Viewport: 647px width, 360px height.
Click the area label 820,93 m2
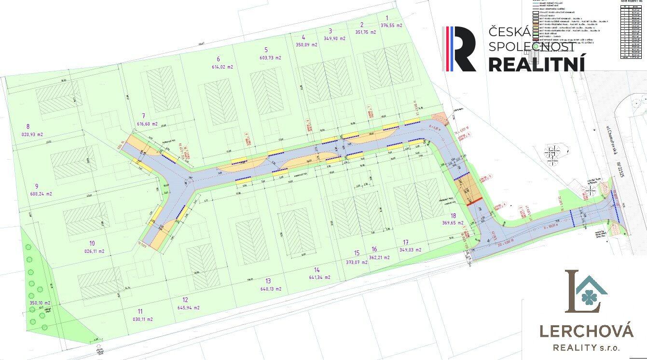[x=32, y=135]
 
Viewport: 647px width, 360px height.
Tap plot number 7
[x=143, y=116]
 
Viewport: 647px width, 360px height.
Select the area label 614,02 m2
[x=222, y=67]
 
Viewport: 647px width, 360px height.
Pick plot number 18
[x=453, y=216]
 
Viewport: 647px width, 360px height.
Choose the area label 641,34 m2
[x=319, y=277]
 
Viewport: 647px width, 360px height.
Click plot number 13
[x=268, y=281]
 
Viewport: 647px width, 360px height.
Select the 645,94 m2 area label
[x=189, y=307]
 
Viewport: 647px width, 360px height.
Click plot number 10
[x=92, y=243]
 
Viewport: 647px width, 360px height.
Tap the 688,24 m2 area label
[x=41, y=194]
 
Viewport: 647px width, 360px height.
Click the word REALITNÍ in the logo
[x=537, y=63]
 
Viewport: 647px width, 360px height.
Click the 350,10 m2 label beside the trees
[x=40, y=303]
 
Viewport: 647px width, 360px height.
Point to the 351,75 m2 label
[x=365, y=32]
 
